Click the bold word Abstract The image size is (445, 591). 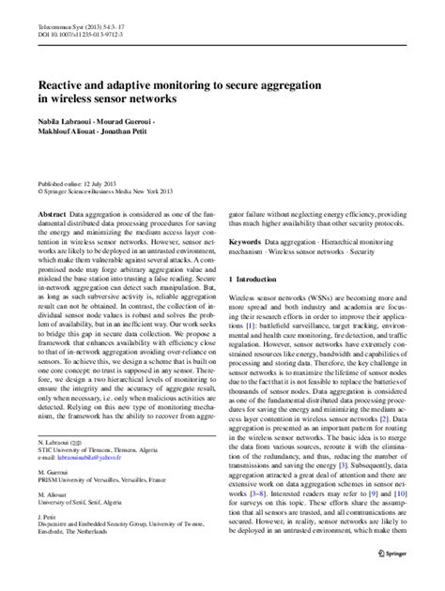48,214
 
